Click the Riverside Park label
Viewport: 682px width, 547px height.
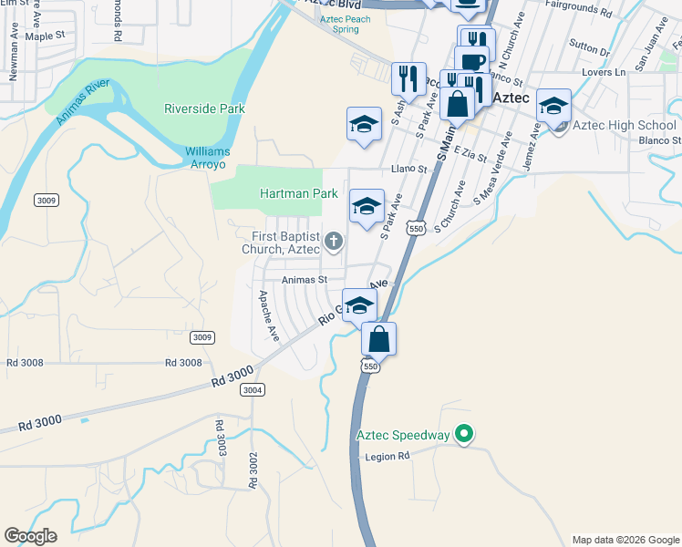click(204, 108)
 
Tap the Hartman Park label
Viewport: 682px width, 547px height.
click(298, 193)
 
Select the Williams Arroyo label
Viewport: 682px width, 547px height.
click(208, 157)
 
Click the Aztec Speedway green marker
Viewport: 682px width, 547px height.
click(464, 435)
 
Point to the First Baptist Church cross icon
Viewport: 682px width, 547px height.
click(334, 242)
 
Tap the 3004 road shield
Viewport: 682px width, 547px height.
click(253, 389)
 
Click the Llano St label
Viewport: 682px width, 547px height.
click(408, 169)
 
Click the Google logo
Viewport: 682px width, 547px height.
click(30, 536)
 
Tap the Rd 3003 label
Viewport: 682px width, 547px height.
click(220, 439)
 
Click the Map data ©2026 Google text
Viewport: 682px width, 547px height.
click(625, 540)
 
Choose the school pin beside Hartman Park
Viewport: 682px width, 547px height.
click(367, 207)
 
